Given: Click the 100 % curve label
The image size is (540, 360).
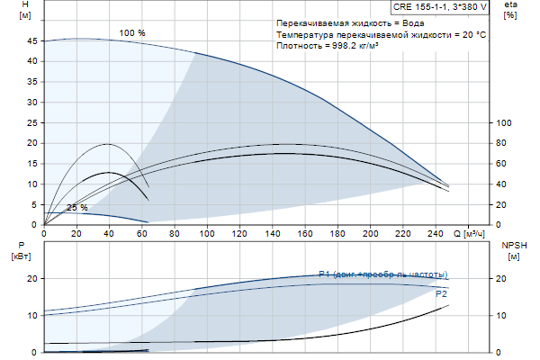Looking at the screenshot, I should coord(132,33).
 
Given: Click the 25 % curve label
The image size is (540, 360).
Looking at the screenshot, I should coord(77,207).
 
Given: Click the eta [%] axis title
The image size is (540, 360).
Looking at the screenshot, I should coord(510,10).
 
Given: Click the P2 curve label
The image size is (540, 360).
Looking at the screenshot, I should coord(441,293).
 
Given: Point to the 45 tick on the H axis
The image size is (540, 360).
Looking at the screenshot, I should coord(33,40).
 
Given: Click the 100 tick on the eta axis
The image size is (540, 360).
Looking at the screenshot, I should coord(504,122).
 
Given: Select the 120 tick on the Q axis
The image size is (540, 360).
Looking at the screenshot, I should coord(240,234).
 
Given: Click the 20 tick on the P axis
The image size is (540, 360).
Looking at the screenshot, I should coord(33,278).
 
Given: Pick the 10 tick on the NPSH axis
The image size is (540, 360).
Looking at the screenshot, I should coord(504,315).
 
